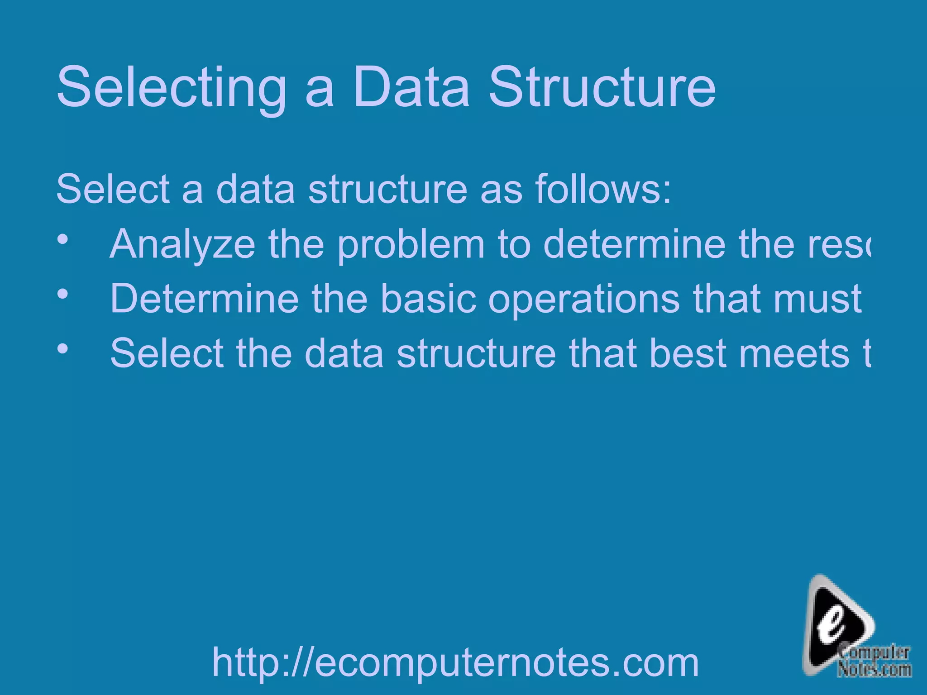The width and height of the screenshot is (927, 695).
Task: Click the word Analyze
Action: pos(182,244)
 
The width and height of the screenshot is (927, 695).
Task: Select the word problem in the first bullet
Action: pos(411,244)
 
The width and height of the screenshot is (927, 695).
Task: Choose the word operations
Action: pos(584,300)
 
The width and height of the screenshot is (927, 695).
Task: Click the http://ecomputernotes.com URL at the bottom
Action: pos(455,662)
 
